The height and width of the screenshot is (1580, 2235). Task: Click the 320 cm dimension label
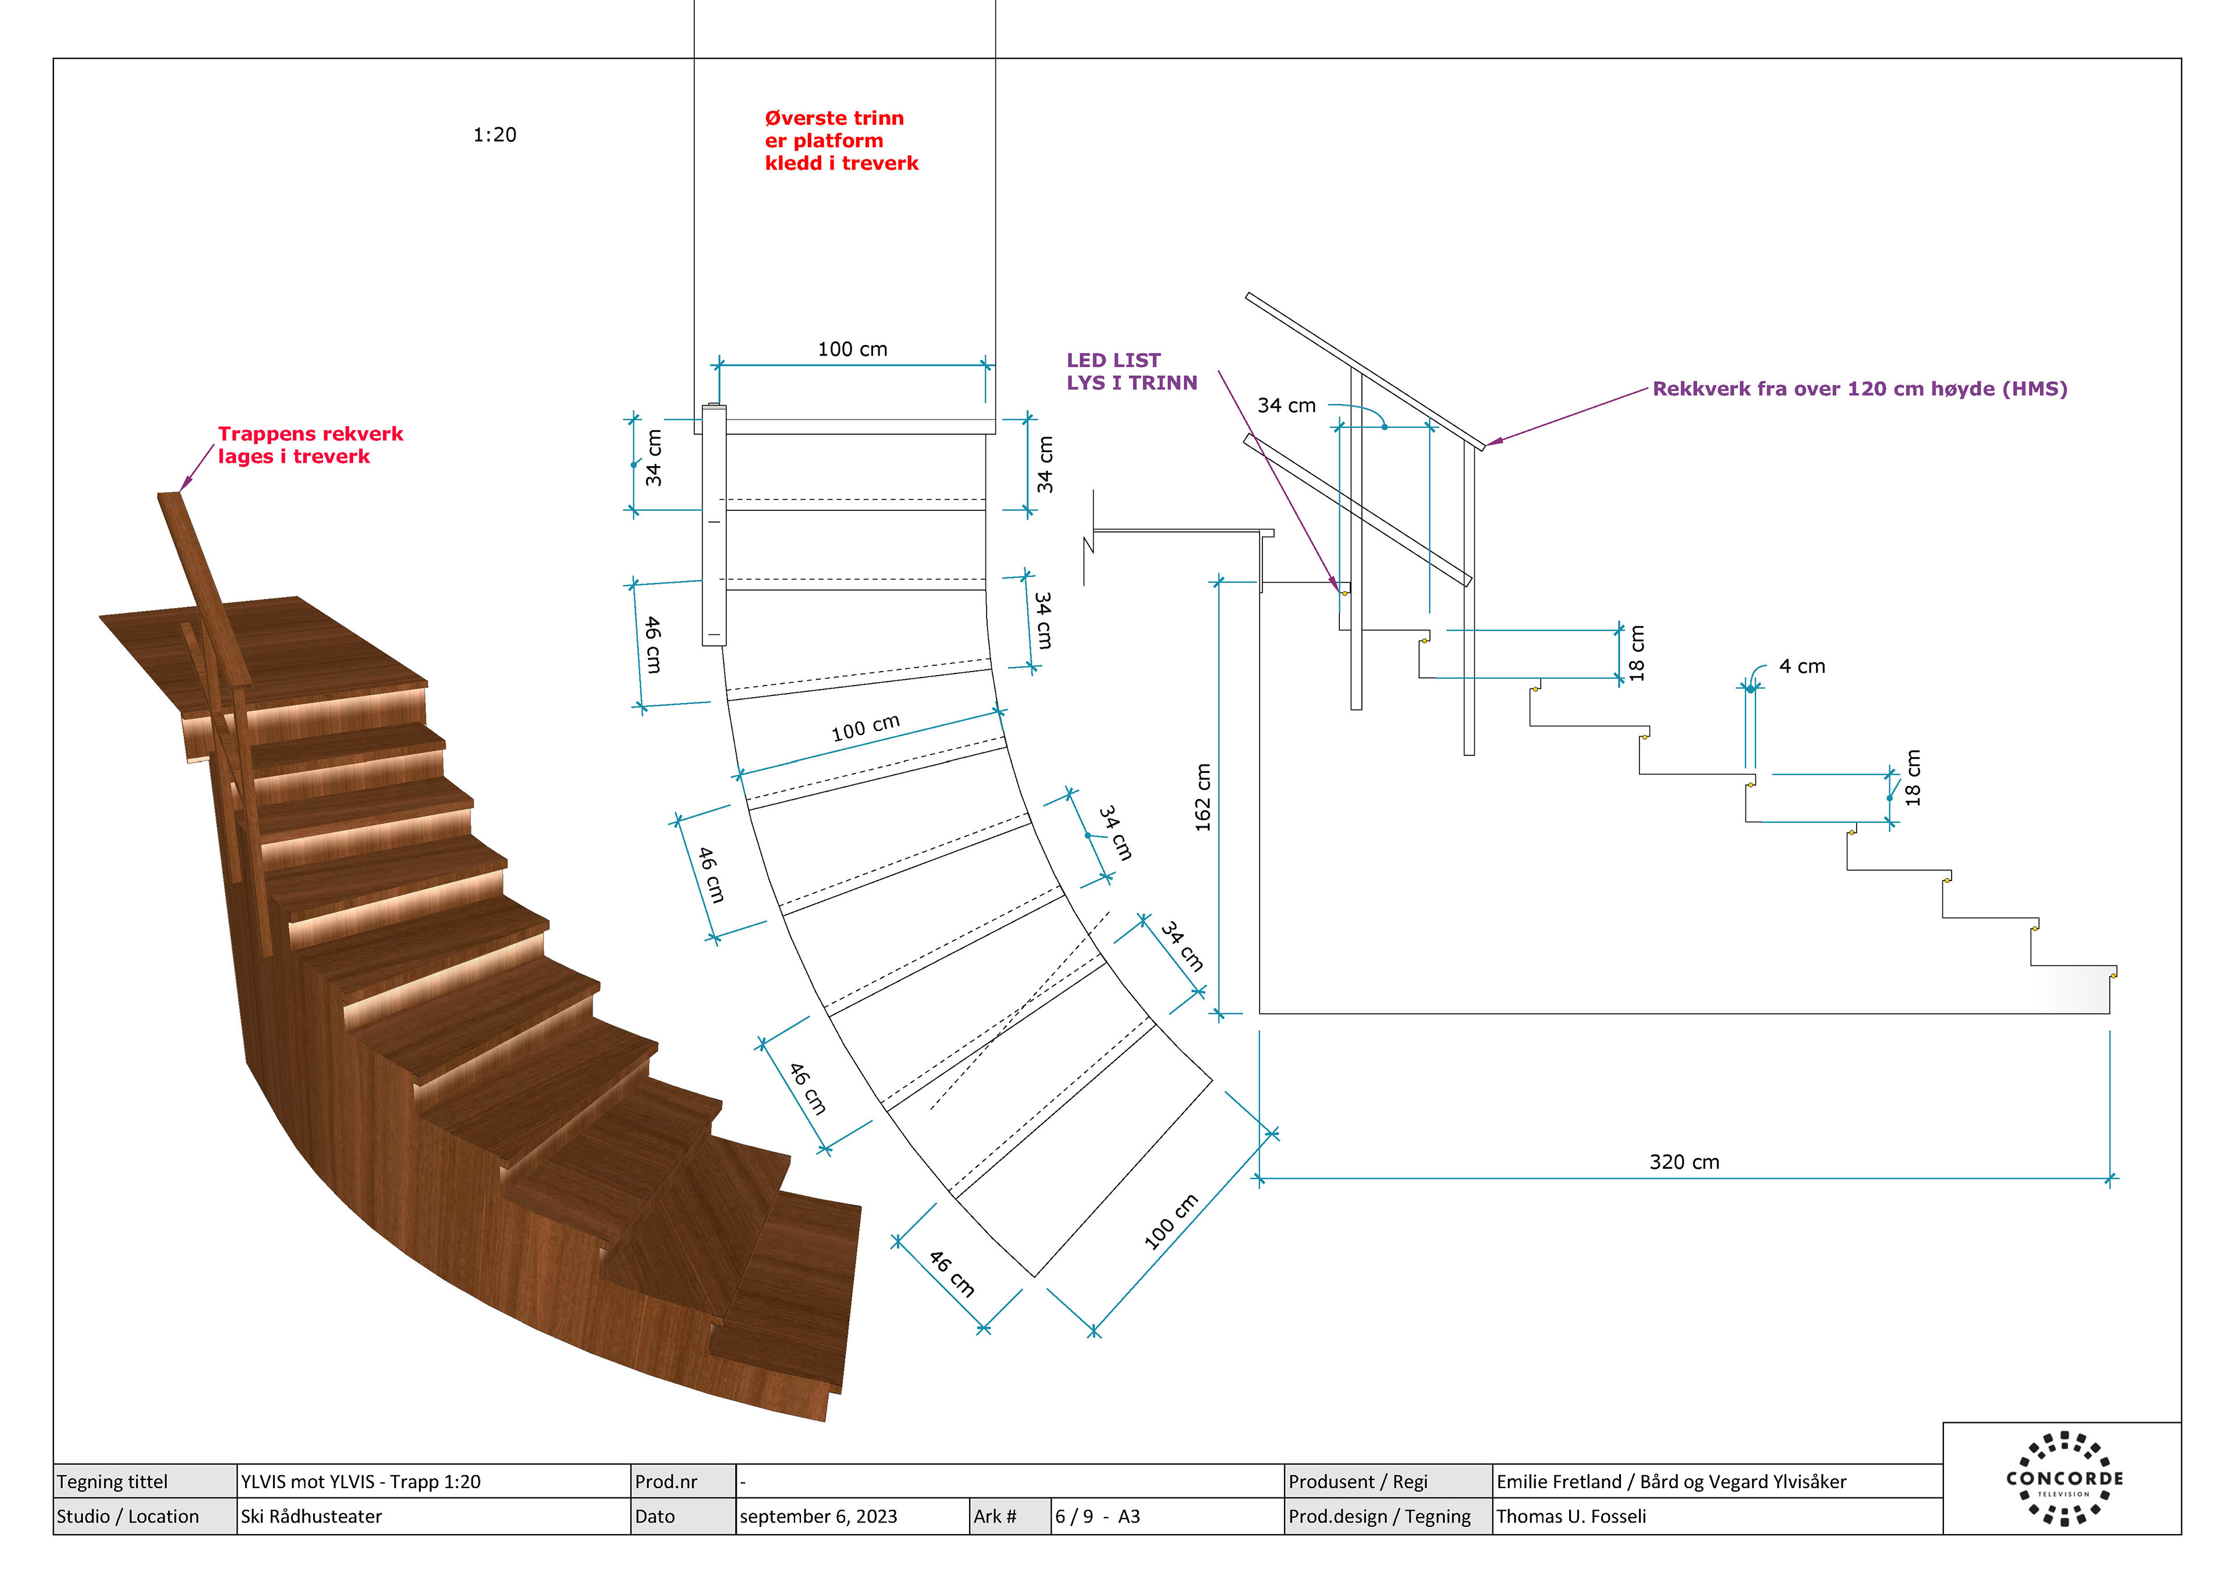(x=1684, y=1162)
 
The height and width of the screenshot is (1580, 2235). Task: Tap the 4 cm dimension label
(x=1802, y=667)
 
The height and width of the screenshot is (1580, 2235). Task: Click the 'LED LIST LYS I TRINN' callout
(x=1131, y=371)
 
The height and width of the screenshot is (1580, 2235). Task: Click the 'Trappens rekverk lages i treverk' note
(x=310, y=445)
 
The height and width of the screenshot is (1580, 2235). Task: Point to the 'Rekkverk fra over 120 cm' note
(x=1859, y=388)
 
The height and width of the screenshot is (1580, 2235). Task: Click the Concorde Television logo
(x=2064, y=1478)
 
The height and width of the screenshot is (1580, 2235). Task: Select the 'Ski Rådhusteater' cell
(x=311, y=1516)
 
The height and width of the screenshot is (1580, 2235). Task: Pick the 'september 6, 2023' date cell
(x=818, y=1516)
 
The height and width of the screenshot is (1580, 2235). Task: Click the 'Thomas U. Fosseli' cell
(x=1571, y=1516)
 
